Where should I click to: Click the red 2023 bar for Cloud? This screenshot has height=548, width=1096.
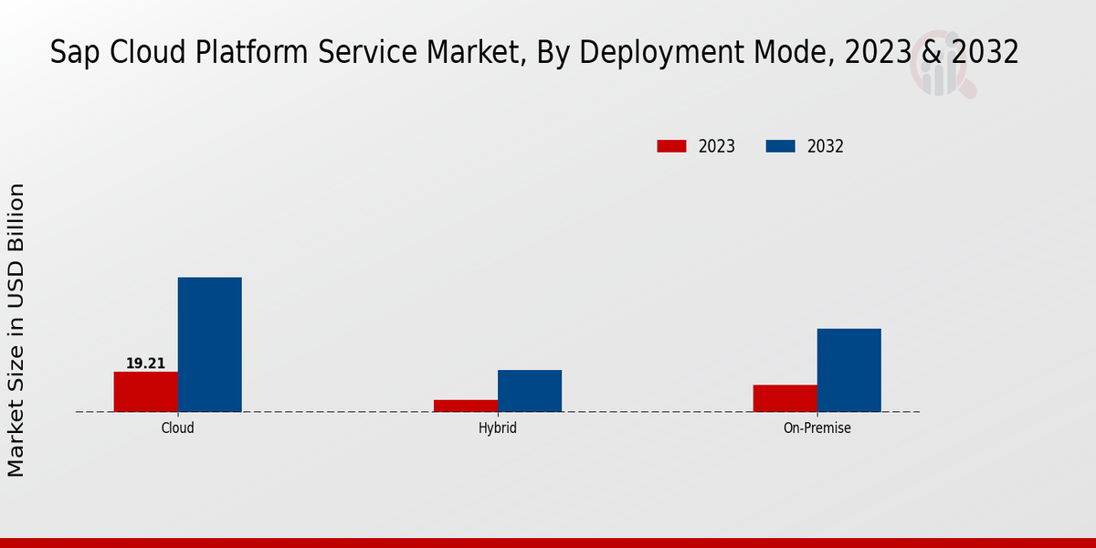[x=146, y=391]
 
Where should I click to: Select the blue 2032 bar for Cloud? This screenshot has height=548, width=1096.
[x=210, y=344]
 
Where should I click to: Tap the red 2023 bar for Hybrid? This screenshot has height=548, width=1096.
[x=466, y=406]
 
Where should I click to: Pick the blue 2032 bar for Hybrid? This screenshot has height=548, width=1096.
[x=530, y=390]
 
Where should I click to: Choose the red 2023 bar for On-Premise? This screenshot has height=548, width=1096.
[x=785, y=398]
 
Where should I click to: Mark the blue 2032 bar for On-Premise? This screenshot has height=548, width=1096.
[x=849, y=370]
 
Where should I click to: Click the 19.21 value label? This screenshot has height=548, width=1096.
[x=146, y=364]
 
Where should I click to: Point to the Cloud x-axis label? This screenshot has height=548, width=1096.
[x=178, y=427]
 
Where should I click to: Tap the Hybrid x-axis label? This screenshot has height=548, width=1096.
[x=498, y=427]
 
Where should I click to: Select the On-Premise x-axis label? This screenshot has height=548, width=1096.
[x=817, y=427]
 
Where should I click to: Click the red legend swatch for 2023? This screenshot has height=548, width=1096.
[x=671, y=146]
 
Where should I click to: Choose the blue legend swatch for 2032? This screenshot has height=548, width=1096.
[x=780, y=146]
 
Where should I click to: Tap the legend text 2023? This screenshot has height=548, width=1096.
[x=717, y=146]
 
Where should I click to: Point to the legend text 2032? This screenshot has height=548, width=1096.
[x=826, y=146]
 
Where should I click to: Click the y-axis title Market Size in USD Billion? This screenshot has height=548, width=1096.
[x=16, y=330]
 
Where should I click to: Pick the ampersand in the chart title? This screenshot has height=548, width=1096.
[x=932, y=52]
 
